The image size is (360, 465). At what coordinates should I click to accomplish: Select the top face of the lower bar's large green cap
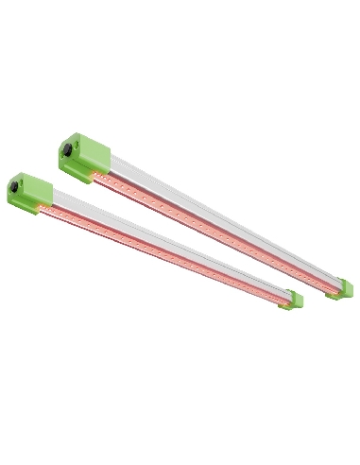[x=31, y=177]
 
